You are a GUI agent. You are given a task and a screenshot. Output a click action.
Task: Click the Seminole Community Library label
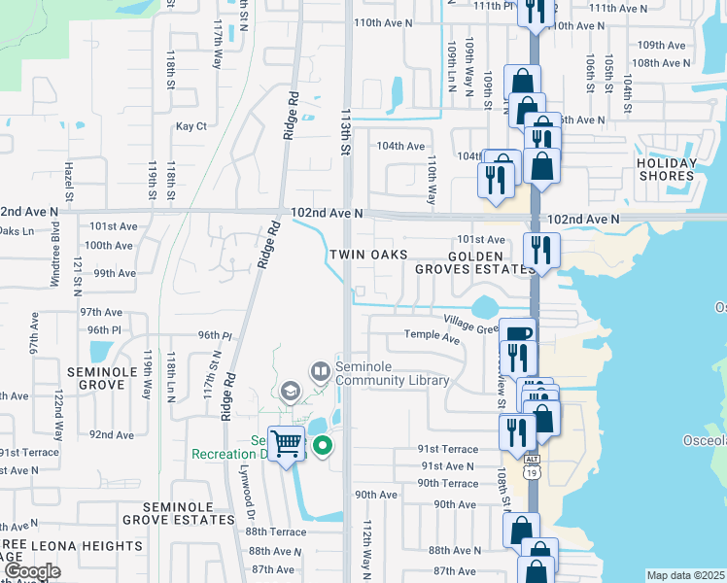[393, 374]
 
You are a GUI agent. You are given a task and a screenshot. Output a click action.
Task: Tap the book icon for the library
[320, 370]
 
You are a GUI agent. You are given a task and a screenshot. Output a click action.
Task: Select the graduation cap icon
[289, 392]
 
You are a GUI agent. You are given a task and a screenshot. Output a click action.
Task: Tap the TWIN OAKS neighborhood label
[365, 255]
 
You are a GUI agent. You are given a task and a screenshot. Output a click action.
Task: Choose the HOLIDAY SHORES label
[667, 170]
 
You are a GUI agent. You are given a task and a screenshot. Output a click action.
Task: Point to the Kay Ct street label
[191, 126]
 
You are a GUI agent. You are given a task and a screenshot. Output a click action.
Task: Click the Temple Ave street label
[432, 338]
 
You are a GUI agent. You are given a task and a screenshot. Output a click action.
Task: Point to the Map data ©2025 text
[685, 575]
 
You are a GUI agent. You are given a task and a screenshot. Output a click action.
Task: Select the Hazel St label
[69, 177]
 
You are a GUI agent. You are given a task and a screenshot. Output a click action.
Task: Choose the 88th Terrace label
[276, 532]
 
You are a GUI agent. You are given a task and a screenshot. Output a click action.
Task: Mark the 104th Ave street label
[401, 146]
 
